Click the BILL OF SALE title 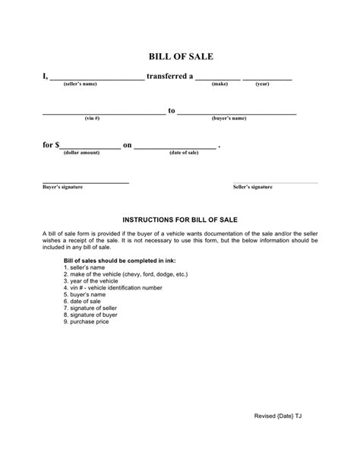[x=180, y=56]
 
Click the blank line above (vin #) [x=103, y=112]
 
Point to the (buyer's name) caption [x=229, y=119]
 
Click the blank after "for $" [x=90, y=147]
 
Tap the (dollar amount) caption [x=81, y=153]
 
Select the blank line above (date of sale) [x=175, y=147]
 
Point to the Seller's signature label [x=252, y=187]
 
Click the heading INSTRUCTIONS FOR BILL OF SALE [x=180, y=219]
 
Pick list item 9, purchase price [x=87, y=321]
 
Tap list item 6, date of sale [x=84, y=301]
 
